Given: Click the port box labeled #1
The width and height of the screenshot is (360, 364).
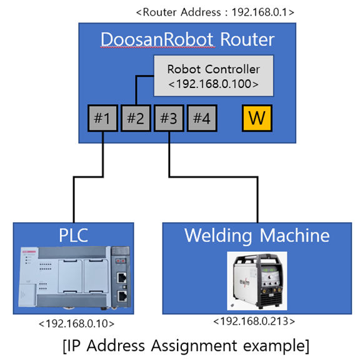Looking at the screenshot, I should click(x=102, y=117).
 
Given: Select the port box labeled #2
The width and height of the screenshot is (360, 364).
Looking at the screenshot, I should click(x=136, y=117).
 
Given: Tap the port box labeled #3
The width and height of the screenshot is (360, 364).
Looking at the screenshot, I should click(x=169, y=117).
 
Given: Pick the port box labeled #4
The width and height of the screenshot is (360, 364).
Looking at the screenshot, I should click(x=202, y=117).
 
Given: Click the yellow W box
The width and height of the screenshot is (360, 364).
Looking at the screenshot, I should click(x=256, y=117).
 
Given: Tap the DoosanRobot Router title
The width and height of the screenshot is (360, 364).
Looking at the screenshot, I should click(x=187, y=40).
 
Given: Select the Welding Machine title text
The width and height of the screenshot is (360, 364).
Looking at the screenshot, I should click(x=256, y=235).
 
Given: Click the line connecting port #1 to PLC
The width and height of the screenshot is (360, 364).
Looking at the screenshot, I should click(x=74, y=200).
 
